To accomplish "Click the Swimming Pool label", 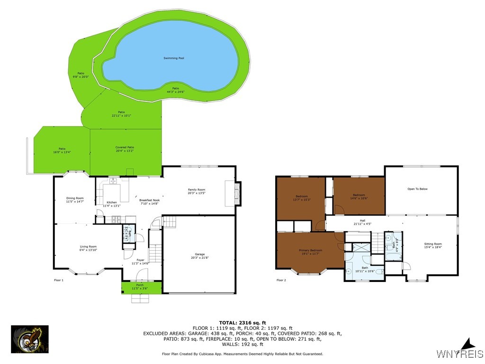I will click(174, 58).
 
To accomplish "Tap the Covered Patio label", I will click(125, 147).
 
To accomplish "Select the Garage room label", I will click(199, 255).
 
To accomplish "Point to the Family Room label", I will click(196, 190).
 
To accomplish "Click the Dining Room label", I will click(75, 198).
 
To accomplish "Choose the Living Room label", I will click(88, 246).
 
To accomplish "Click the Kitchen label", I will click(112, 202).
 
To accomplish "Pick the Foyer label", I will click(141, 260).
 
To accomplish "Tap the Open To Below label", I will click(417, 189).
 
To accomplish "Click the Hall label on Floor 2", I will click(362, 221).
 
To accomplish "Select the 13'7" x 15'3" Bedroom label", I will click(302, 197).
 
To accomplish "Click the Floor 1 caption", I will click(59, 280).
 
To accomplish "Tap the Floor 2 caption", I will click(281, 280).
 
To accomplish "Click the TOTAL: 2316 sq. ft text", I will click(242, 323).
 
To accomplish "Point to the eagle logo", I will click(29, 339).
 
